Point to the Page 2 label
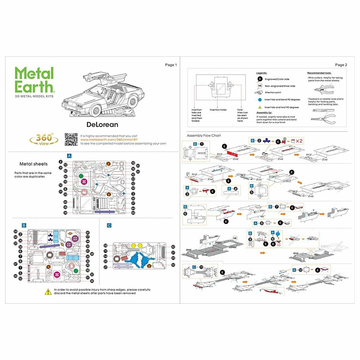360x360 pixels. coord(341,65)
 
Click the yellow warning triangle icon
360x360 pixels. coord(47,292)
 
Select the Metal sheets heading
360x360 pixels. coord(31,164)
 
